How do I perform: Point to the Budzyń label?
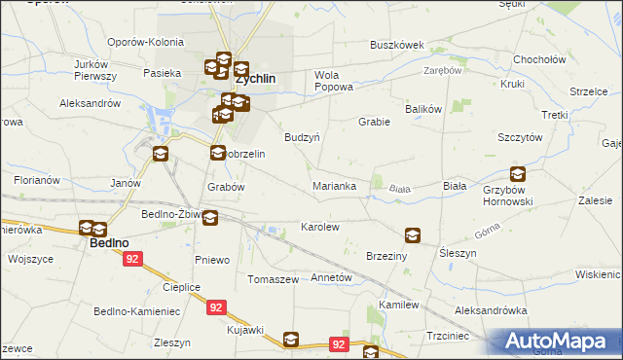click(x=302, y=137)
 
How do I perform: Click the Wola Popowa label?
click(x=333, y=81)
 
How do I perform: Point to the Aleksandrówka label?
click(x=492, y=310)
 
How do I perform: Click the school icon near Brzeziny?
click(x=413, y=235)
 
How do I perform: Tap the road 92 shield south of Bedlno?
click(x=133, y=260)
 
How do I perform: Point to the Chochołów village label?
click(x=540, y=59)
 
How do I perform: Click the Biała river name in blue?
click(x=398, y=190)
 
